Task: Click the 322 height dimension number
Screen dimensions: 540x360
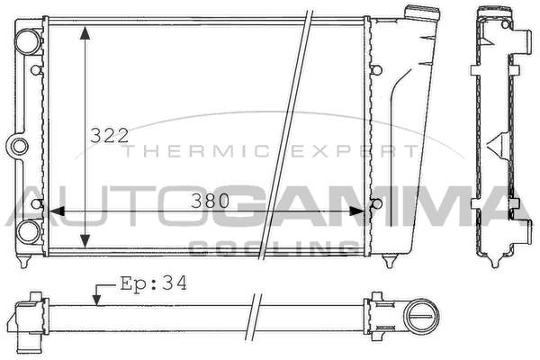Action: click(x=109, y=135)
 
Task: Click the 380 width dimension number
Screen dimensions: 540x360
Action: click(x=210, y=201)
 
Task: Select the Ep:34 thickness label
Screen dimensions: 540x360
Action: click(x=153, y=283)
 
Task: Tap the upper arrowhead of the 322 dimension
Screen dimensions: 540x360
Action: click(x=85, y=32)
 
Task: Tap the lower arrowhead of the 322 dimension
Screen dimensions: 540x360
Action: click(x=85, y=240)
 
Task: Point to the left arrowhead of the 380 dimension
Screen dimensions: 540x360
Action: click(x=57, y=211)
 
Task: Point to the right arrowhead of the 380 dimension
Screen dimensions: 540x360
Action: click(x=356, y=211)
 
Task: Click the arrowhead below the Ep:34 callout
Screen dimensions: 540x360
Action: click(x=97, y=300)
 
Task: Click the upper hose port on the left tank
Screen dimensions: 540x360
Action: click(x=28, y=41)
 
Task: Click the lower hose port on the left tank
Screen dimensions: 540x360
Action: click(x=29, y=231)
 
